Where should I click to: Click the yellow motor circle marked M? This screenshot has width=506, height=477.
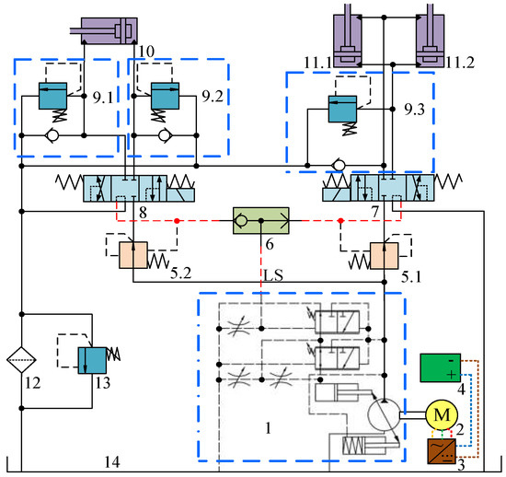(442, 415)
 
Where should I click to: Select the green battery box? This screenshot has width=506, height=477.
(440, 367)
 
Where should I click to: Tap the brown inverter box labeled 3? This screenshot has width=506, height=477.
(442, 451)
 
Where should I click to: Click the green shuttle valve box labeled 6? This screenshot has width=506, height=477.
(260, 221)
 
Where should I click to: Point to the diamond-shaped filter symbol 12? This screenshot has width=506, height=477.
(21, 359)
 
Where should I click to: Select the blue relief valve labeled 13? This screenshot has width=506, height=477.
(92, 360)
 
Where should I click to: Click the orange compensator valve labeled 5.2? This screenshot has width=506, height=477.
(133, 255)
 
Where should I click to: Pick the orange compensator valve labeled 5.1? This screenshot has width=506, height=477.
(384, 256)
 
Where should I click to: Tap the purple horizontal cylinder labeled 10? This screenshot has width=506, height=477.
(109, 30)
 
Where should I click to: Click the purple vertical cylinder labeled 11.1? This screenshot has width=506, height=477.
(347, 41)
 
